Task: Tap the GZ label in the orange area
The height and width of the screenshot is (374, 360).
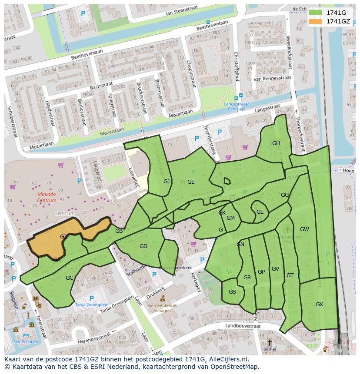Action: pos(63,237)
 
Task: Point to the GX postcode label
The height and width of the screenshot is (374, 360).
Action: pos(319,304)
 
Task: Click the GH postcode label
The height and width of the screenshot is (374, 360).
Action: pos(276,143)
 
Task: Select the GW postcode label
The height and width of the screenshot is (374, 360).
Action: pos(304,229)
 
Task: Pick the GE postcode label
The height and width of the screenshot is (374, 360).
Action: pos(191,182)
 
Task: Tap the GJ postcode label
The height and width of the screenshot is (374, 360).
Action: pos(167,182)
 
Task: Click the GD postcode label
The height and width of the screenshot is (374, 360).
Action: pos(143,246)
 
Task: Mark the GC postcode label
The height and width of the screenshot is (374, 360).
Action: pos(70,278)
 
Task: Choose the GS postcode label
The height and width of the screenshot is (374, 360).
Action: pos(233,292)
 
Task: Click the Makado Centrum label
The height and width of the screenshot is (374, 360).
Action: pos(47,197)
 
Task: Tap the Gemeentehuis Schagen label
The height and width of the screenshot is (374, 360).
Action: pos(162,308)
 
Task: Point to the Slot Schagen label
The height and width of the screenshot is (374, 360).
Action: pos(26,341)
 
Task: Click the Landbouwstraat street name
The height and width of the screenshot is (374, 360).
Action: pos(243,325)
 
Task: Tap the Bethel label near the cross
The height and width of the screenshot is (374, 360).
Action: pos(269,349)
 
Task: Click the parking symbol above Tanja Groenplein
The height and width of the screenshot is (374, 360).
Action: pos(91,298)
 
